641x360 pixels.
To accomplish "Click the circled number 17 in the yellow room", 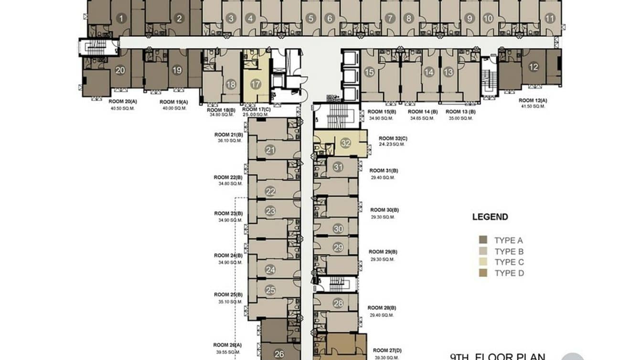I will click(x=256, y=85).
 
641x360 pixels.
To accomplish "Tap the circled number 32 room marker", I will click(x=346, y=143).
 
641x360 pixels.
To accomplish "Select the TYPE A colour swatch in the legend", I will click(x=483, y=240).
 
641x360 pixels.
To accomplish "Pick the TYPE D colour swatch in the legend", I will click(x=483, y=273).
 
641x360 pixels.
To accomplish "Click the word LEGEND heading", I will click(x=490, y=217).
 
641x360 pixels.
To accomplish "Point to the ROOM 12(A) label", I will click(x=533, y=101).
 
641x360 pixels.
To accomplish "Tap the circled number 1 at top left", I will click(x=121, y=19).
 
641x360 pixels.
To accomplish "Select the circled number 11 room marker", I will click(x=550, y=19).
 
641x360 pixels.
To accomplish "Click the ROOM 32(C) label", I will click(x=393, y=138).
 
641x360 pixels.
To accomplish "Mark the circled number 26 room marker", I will click(x=280, y=354).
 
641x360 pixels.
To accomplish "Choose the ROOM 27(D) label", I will click(x=387, y=350).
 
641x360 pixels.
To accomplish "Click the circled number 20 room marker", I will click(x=120, y=70).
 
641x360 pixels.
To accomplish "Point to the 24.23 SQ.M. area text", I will click(x=392, y=144).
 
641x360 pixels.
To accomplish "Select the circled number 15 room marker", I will click(x=369, y=72).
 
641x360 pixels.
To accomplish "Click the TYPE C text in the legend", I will click(x=509, y=262).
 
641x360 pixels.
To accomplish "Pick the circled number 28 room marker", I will click(x=338, y=303).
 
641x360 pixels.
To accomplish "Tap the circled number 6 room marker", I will click(x=329, y=19).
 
